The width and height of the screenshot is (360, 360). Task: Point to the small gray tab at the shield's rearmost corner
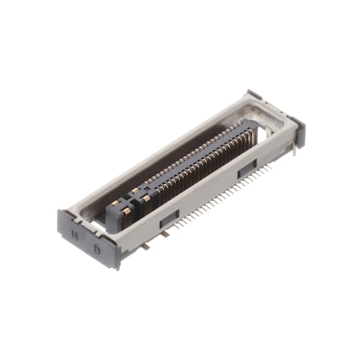[x=253, y=94]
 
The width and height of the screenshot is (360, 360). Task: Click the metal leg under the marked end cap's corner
[x=116, y=262]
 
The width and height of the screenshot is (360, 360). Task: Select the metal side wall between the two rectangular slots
[x=206, y=191]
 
